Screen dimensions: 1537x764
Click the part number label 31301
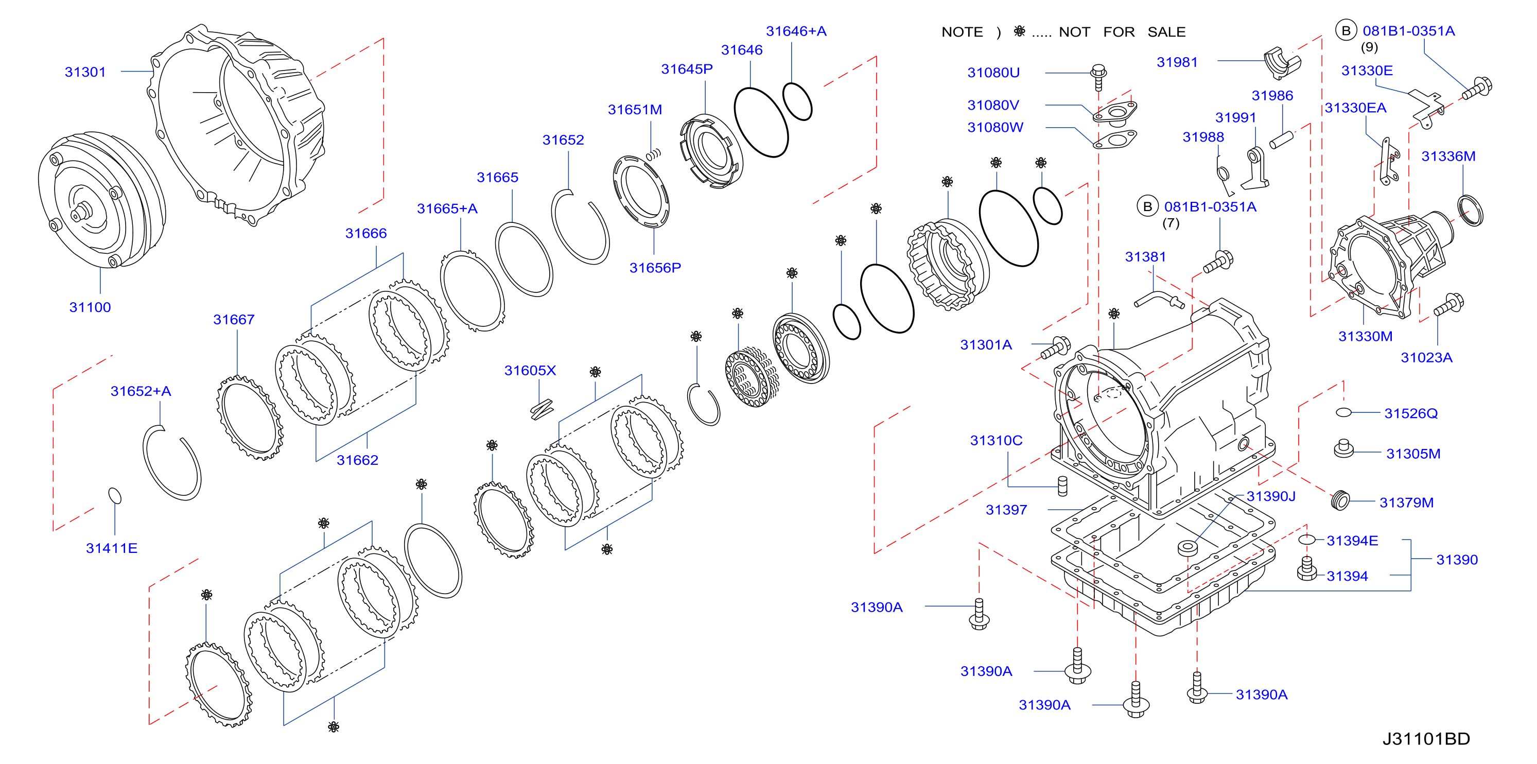[x=85, y=72]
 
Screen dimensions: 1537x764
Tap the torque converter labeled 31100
[x=101, y=200]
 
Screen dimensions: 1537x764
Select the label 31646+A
[x=796, y=31]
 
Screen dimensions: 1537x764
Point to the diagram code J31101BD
[x=1426, y=739]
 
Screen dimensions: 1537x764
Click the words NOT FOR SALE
[x=1122, y=32]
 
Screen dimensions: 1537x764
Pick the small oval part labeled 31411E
[x=115, y=495]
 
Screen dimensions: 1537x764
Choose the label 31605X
[x=530, y=371]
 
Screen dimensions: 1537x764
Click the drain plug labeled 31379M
[x=1340, y=500]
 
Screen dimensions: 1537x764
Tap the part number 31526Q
[x=1410, y=413]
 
